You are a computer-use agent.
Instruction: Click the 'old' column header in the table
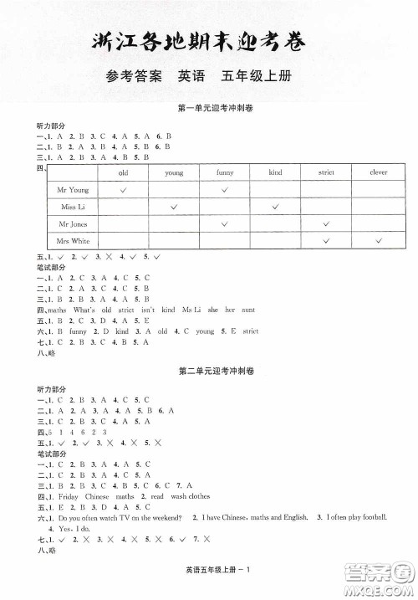pos(123,172)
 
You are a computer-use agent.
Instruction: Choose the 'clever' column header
pos(378,172)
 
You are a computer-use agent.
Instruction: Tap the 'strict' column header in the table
pos(326,172)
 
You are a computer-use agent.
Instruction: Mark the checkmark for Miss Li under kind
pos(275,207)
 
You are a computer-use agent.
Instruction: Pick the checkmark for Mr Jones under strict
pos(326,223)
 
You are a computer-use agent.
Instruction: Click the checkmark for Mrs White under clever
pos(378,241)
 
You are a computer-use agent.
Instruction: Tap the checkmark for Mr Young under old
pos(123,190)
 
